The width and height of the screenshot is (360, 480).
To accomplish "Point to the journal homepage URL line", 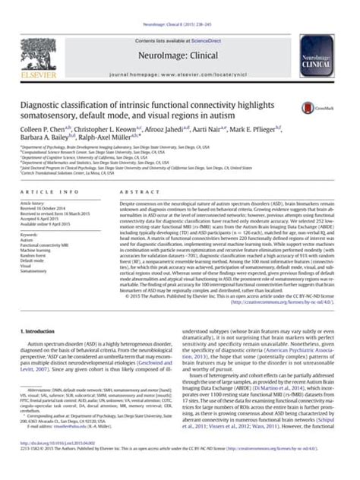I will (179, 56).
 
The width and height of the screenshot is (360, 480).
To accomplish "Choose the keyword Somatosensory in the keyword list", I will (46, 272).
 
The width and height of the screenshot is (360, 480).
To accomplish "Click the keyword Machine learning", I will (49, 251).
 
